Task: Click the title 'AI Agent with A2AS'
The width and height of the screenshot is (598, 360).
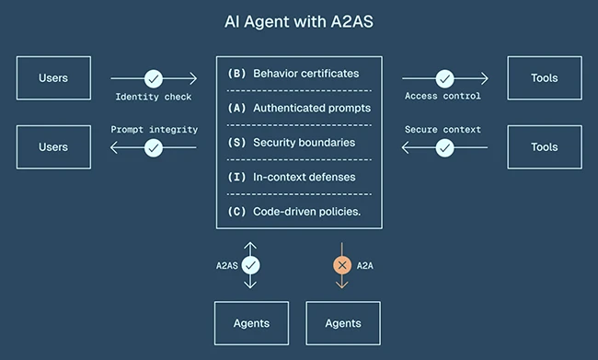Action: (298, 20)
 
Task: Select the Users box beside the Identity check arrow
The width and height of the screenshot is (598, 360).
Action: (54, 77)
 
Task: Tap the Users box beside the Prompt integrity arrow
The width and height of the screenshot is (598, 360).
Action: (54, 147)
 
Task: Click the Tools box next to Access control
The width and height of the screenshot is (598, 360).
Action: (545, 77)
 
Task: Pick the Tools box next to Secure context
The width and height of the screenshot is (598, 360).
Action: (545, 147)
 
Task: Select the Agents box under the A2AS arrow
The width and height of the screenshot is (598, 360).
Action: (251, 323)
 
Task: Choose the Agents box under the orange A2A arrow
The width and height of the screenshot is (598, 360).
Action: (343, 323)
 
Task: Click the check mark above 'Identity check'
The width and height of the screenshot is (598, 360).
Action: (154, 78)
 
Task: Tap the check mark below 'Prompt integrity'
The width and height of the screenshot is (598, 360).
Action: (154, 147)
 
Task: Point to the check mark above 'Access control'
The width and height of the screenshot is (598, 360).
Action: (443, 78)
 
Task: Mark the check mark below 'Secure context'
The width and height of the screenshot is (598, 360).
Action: (443, 147)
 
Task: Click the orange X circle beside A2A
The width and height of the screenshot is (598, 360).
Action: (342, 265)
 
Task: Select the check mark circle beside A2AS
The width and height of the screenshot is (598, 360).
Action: (250, 265)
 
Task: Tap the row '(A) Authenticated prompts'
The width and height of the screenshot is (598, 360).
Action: (299, 108)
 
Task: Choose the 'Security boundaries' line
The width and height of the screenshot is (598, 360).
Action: (304, 143)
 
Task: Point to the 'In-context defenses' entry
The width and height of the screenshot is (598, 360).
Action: (304, 177)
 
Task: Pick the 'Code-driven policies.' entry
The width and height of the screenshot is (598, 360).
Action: (306, 211)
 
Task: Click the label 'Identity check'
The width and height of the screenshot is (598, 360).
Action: (154, 96)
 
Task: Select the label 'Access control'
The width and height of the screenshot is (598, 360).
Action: (443, 96)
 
